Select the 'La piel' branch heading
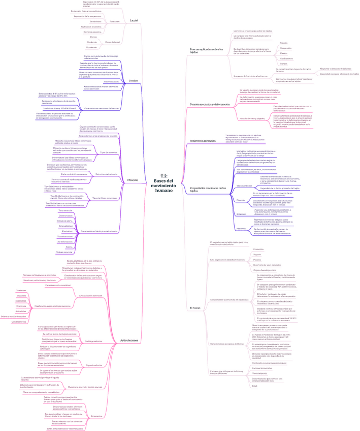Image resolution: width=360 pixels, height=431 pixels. (x=134, y=20)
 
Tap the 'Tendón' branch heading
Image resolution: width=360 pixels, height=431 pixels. (x=134, y=81)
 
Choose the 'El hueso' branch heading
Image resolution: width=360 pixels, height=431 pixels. (x=195, y=309)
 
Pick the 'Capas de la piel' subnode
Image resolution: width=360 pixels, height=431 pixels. (x=112, y=42)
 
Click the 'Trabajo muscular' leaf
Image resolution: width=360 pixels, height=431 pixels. (x=64, y=252)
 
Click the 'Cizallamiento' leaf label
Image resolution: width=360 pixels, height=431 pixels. (x=286, y=58)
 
